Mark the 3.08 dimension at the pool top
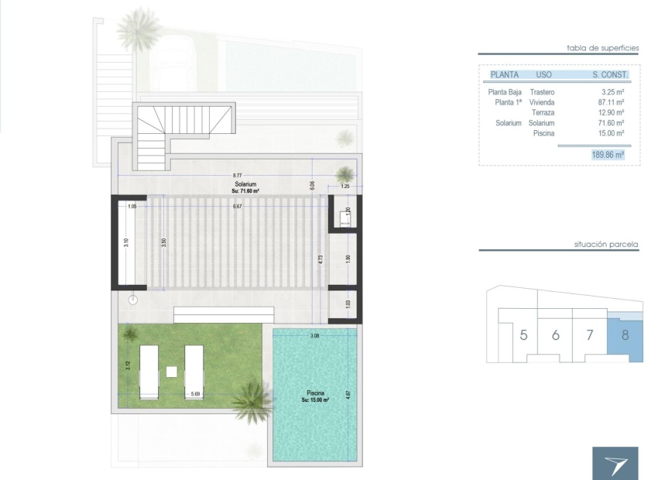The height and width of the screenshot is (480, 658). pyautogui.click(x=314, y=336)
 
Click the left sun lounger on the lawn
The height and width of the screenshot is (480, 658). pyautogui.click(x=149, y=372)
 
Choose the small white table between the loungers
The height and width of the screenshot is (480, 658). pyautogui.click(x=171, y=372)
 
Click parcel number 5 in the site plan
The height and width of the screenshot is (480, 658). pyautogui.click(x=524, y=335)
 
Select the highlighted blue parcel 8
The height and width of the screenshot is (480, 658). pyautogui.click(x=625, y=336)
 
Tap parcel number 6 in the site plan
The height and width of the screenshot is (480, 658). pyautogui.click(x=556, y=335)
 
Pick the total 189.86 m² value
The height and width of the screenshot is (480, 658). pyautogui.click(x=608, y=155)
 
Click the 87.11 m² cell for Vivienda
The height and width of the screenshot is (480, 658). pyautogui.click(x=612, y=102)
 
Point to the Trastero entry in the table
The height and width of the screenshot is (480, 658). pyautogui.click(x=542, y=92)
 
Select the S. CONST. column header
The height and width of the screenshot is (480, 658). pyautogui.click(x=610, y=75)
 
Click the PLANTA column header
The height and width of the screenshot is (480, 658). pyautogui.click(x=504, y=75)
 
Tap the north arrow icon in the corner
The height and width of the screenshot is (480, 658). pyautogui.click(x=615, y=463)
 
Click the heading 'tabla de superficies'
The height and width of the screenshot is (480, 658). pyautogui.click(x=603, y=48)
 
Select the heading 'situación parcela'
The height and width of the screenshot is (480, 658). pyautogui.click(x=606, y=245)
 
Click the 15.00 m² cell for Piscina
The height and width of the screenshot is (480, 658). pyautogui.click(x=612, y=133)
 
